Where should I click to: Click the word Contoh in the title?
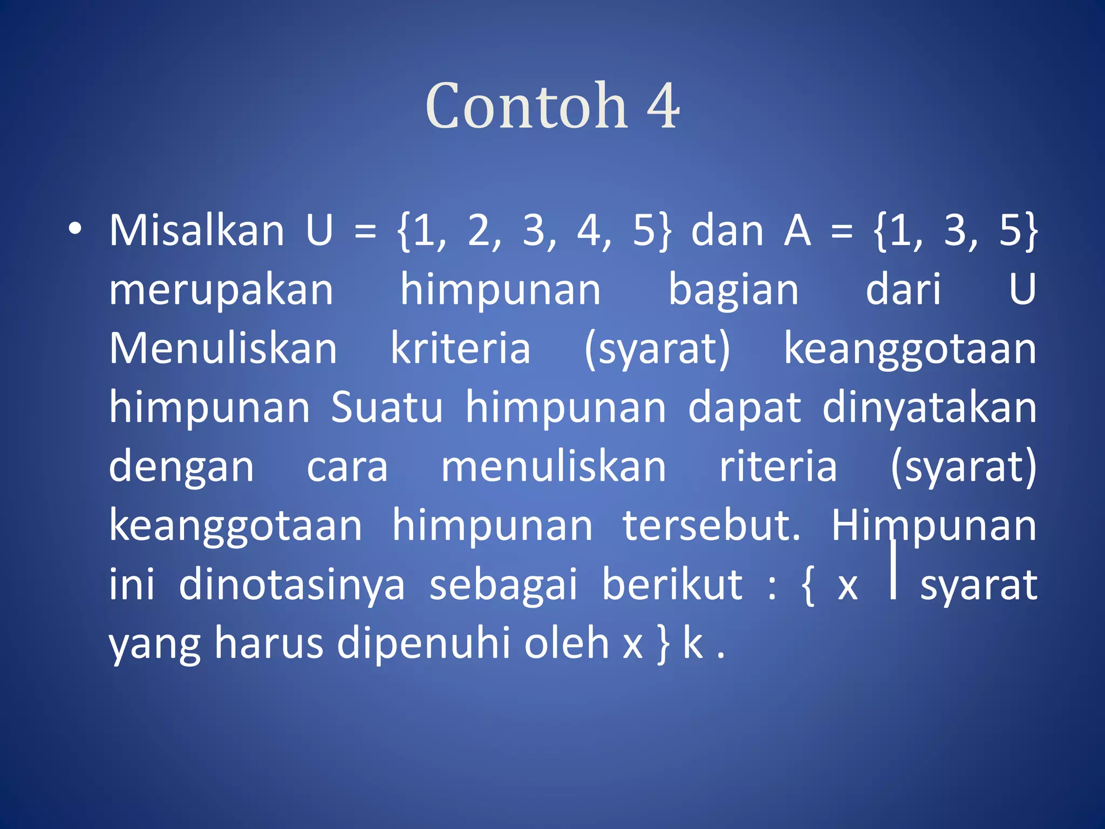526,106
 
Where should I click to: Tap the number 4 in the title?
663,106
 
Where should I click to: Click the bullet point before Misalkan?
75,229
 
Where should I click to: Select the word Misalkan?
196,231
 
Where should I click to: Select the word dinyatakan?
929,409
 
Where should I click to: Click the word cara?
347,467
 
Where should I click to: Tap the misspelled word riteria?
778,467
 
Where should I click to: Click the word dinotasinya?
291,586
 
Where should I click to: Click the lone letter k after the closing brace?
693,643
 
